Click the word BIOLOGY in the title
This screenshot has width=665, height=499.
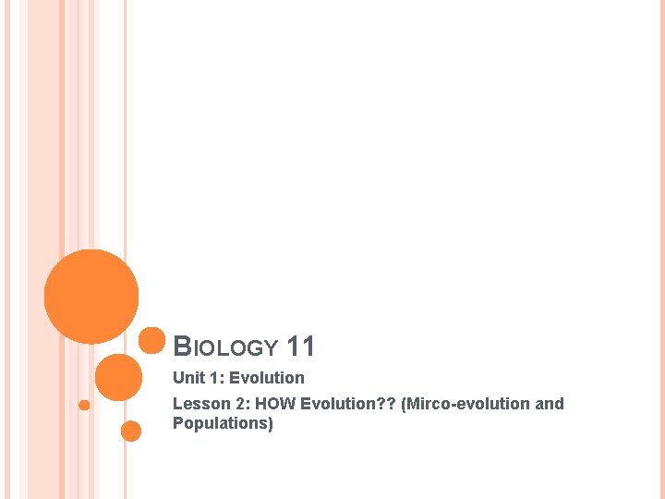pyautogui.click(x=225, y=347)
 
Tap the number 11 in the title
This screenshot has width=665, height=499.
pyautogui.click(x=301, y=347)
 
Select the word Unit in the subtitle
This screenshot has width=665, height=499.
pyautogui.click(x=188, y=377)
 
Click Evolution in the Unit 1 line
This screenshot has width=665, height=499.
pyautogui.click(x=267, y=377)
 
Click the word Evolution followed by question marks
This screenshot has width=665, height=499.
pyautogui.click(x=335, y=404)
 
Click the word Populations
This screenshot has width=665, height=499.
pyautogui.click(x=220, y=423)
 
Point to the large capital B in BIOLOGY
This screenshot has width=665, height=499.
pyautogui.click(x=183, y=347)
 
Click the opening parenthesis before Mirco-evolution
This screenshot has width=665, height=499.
pyautogui.click(x=404, y=404)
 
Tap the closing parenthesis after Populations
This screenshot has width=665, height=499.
pyautogui.click(x=271, y=423)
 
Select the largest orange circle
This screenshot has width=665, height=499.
pyautogui.click(x=91, y=297)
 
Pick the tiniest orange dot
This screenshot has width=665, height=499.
pyautogui.click(x=84, y=405)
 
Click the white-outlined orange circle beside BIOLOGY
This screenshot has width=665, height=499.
pyautogui.click(x=151, y=340)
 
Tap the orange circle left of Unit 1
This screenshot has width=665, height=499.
pyautogui.click(x=118, y=377)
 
